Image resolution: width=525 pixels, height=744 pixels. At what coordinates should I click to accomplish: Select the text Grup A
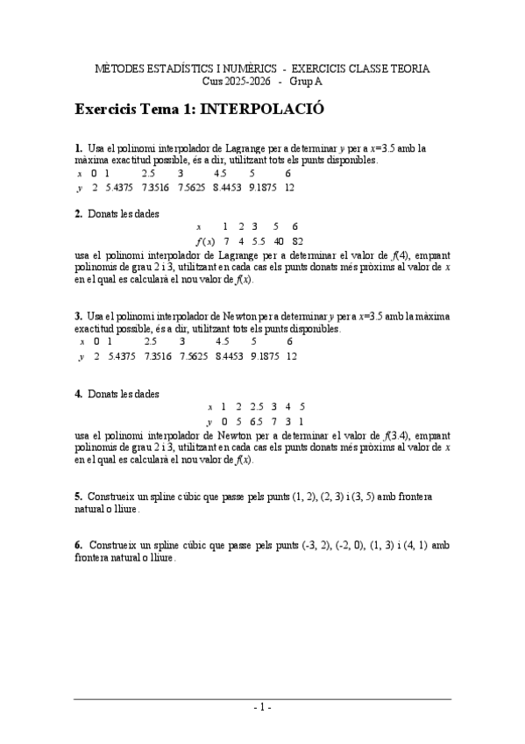coord(306,81)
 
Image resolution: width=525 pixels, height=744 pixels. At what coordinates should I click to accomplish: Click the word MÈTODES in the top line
coord(122,68)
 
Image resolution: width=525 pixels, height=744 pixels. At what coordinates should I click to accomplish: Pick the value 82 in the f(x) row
coord(298,240)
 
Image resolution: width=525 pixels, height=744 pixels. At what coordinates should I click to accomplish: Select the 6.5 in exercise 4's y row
coord(256,421)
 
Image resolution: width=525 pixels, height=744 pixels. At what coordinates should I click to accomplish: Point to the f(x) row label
coord(206,240)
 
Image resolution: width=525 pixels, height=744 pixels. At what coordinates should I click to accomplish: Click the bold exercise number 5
coord(78,497)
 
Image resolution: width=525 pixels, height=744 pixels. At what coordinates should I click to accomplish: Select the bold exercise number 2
coord(78,213)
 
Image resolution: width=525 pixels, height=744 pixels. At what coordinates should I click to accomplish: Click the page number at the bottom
coord(262,706)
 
